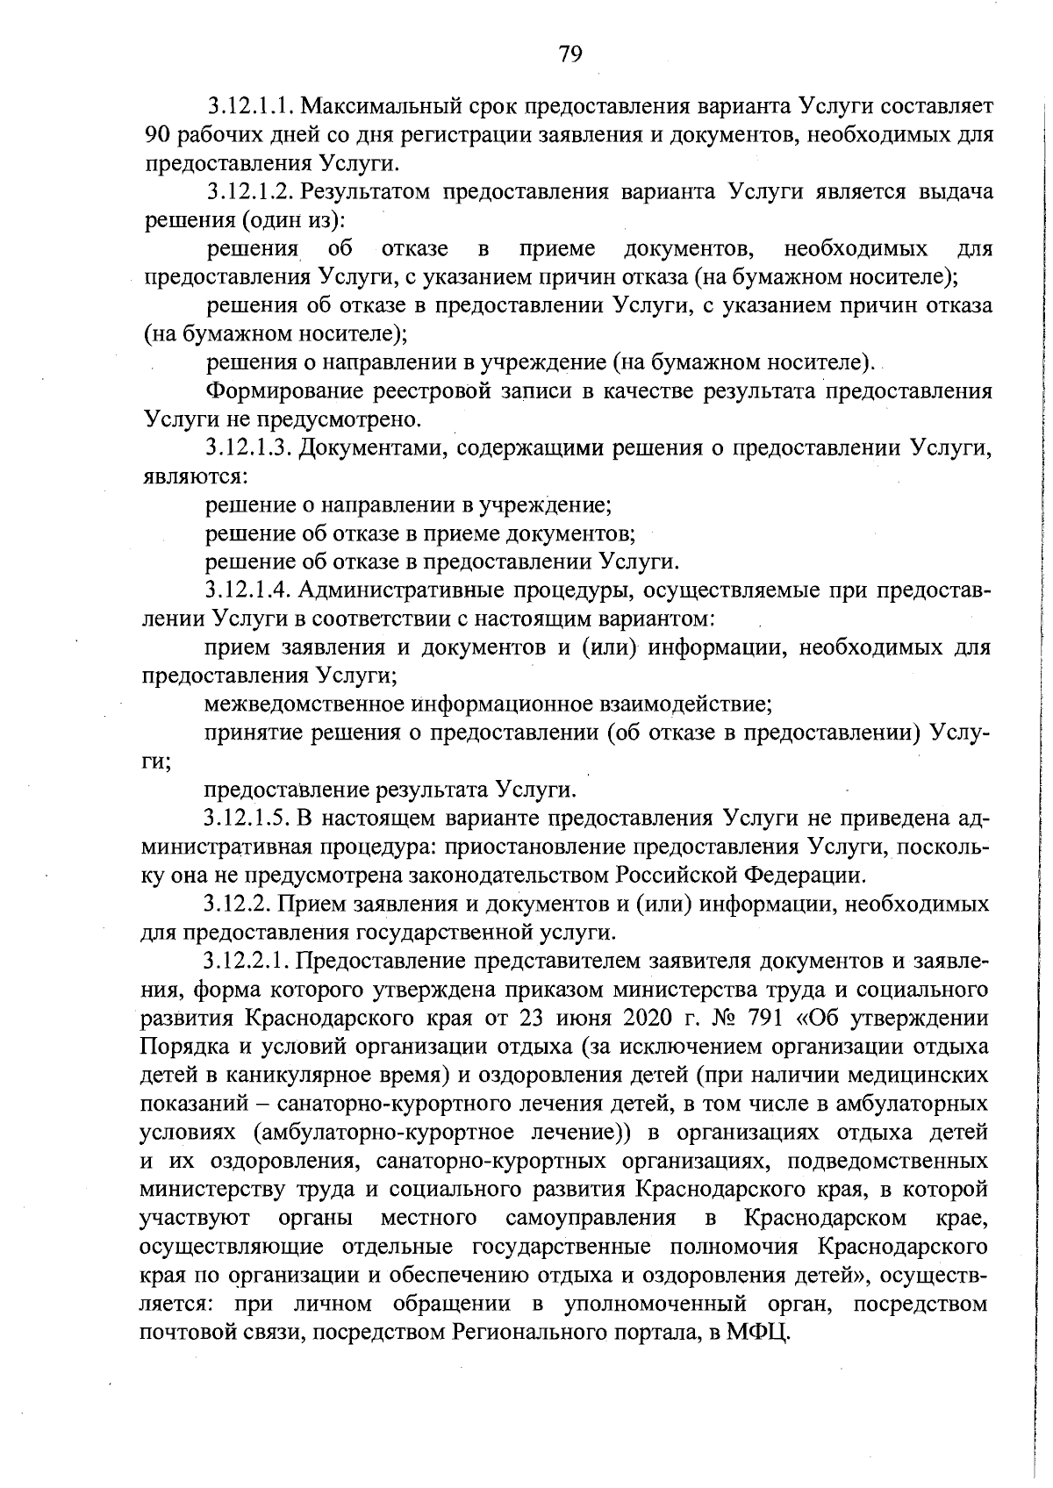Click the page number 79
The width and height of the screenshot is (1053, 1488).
point(569,54)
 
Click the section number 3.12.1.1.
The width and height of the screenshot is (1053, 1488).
point(250,108)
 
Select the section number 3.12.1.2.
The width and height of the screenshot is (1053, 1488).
point(250,193)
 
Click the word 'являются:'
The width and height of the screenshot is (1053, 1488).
point(195,477)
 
